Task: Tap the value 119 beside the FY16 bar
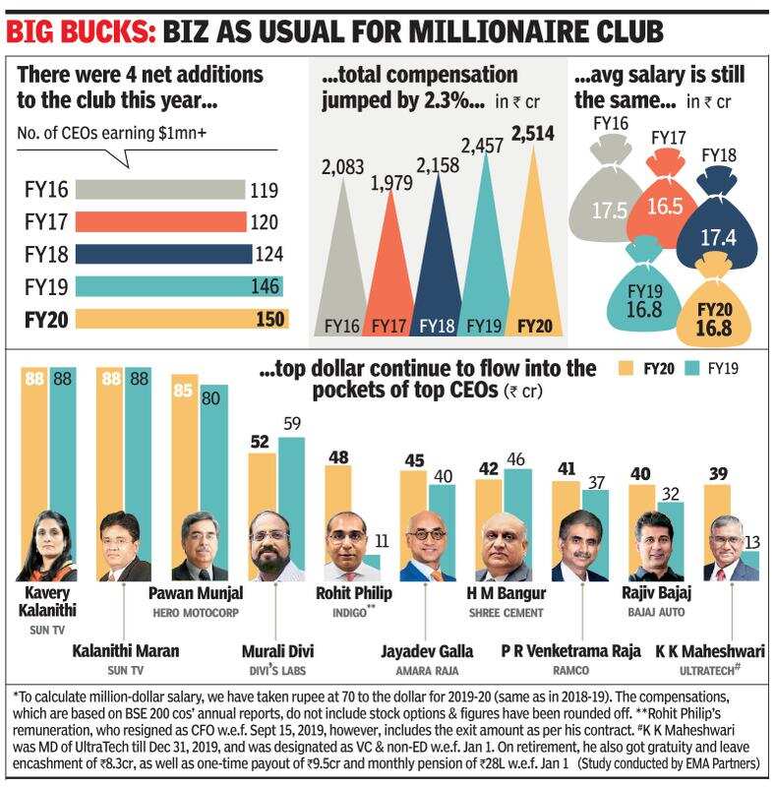click(x=266, y=190)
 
